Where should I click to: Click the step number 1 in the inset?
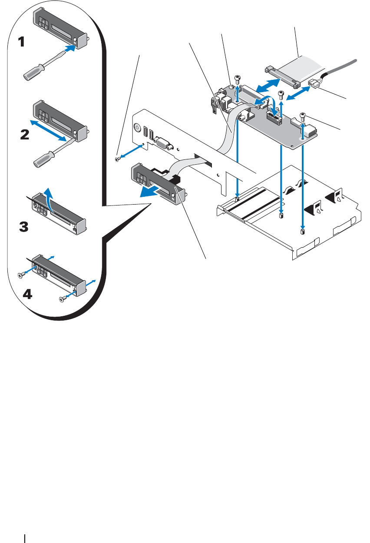click(x=21, y=42)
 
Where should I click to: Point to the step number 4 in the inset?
click(x=26, y=294)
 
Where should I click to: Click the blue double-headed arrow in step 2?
click(x=48, y=129)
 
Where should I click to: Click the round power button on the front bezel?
click(x=138, y=129)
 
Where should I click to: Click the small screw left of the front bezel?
click(x=118, y=160)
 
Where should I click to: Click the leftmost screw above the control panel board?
click(x=237, y=78)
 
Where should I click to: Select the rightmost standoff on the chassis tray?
click(x=302, y=232)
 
